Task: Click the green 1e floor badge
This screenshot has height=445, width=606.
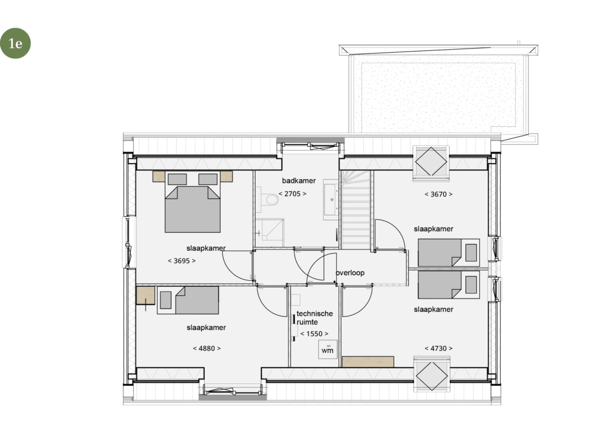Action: tap(15, 43)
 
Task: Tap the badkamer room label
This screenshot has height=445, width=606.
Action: tap(299, 180)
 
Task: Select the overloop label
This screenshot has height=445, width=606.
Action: tap(350, 273)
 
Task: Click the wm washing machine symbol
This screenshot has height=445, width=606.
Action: tap(327, 350)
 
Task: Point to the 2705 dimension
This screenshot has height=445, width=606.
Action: tap(292, 194)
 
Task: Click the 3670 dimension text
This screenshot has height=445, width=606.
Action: tap(439, 194)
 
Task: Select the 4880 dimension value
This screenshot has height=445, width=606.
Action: tap(207, 348)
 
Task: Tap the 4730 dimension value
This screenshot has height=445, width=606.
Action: tap(439, 348)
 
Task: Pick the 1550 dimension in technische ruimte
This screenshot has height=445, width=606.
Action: tap(314, 334)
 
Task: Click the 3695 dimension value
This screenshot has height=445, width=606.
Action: tap(182, 261)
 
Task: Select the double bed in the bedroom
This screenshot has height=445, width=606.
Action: tap(192, 203)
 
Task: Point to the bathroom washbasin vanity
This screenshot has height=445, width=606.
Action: tap(331, 199)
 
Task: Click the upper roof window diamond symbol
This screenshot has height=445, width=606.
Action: tap(431, 162)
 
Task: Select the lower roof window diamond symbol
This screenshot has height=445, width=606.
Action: tap(431, 375)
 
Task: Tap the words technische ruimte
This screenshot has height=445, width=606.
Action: tap(314, 318)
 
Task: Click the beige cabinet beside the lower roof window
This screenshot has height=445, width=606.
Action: tap(368, 362)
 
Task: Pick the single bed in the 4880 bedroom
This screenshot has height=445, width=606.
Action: tap(188, 300)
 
